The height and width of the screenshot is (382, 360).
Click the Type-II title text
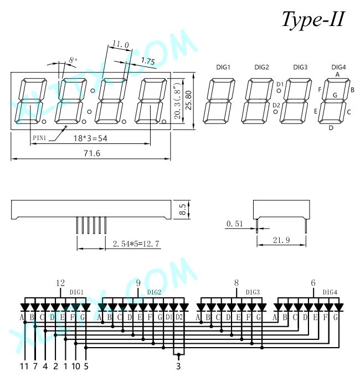pos(313,20)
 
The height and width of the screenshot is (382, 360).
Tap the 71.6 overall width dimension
pos(92,153)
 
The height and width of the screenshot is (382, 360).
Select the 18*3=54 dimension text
pos(90,138)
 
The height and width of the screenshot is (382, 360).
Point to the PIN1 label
pos(39,138)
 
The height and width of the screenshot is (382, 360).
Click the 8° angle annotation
pos(73,60)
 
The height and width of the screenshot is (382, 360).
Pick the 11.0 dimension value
pos(120,44)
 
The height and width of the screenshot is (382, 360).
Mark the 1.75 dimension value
pos(148,61)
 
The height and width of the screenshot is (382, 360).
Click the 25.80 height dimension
pos(189,100)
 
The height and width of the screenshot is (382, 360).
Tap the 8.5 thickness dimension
pos(183,209)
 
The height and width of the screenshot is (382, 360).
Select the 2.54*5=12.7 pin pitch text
pos(136,244)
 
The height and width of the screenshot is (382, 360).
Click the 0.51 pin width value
pos(234,224)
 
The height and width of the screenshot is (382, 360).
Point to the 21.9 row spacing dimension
pos(281,240)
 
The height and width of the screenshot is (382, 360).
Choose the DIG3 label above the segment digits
pos(300,67)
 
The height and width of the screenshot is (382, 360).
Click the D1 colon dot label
pos(280,84)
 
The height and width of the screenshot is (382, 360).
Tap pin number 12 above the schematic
pos(60,283)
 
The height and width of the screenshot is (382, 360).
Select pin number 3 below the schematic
pos(178,366)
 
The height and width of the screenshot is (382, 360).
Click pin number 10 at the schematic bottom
pos(76,366)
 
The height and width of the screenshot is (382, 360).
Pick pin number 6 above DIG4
pos(313,283)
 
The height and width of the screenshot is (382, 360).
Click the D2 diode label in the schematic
pos(179,317)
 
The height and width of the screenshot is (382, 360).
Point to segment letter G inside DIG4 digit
pos(335,95)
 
